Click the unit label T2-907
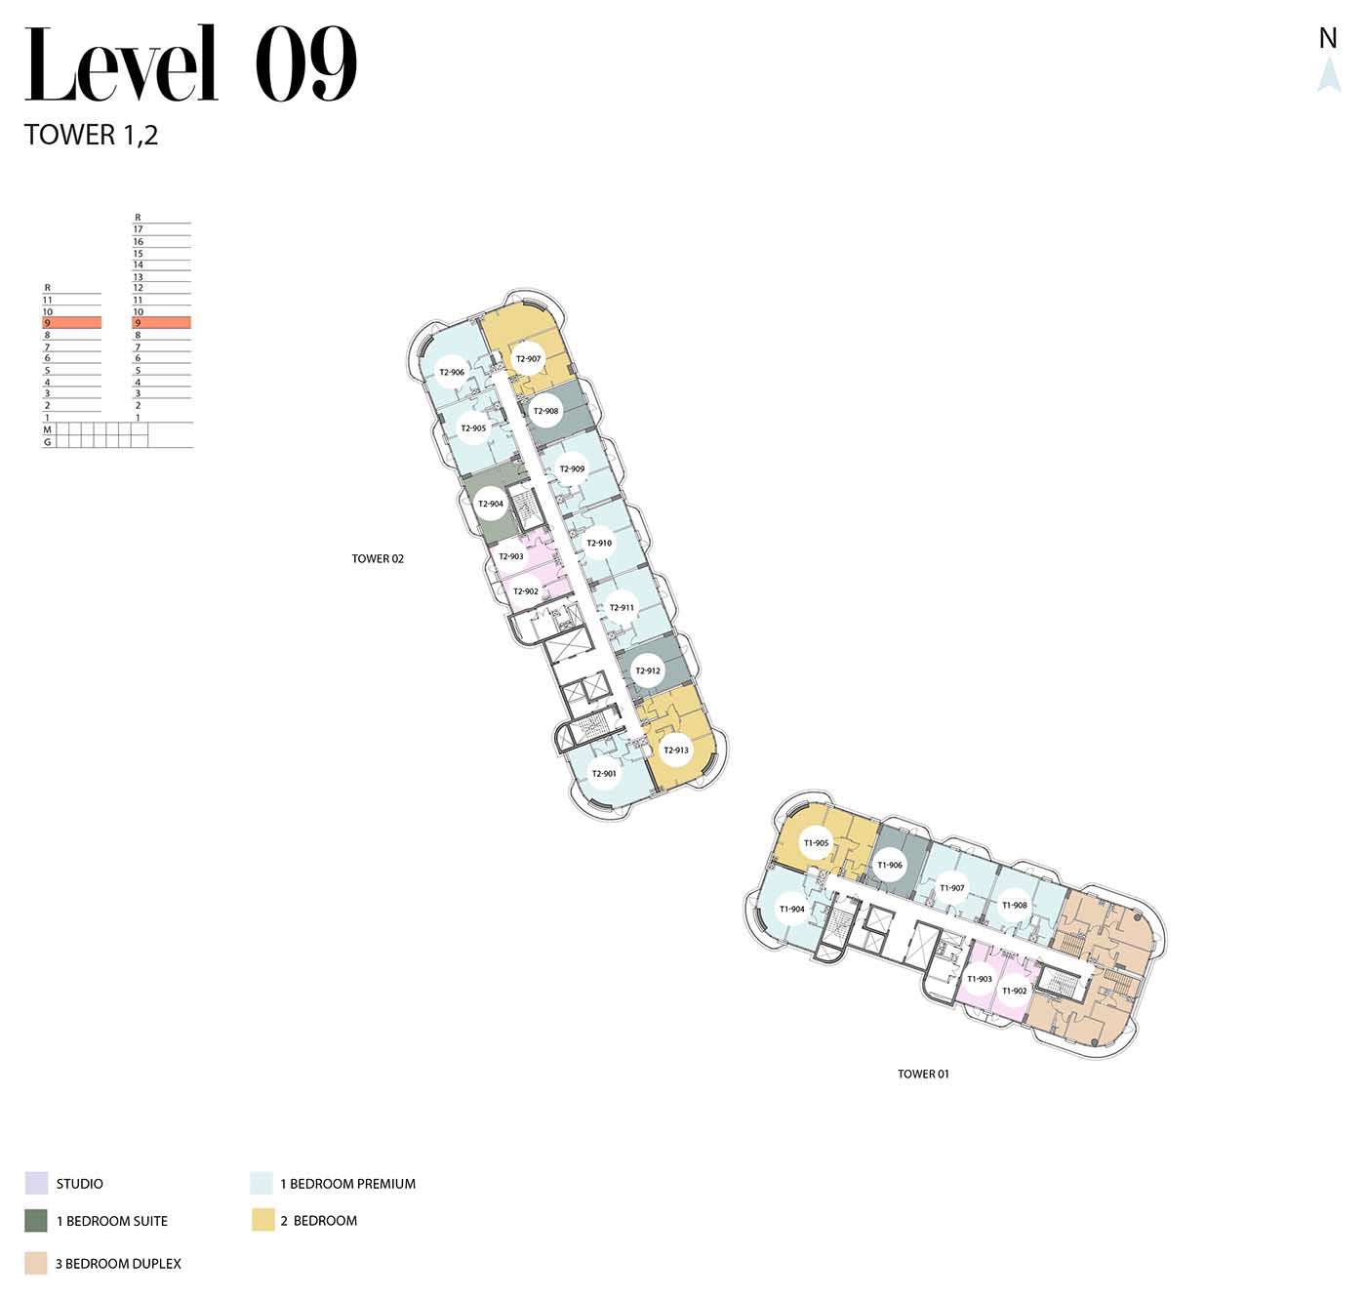point(528,359)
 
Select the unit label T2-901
point(604,774)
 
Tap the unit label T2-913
point(676,750)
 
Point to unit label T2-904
point(491,504)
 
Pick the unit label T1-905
point(816,843)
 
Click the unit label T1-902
point(1015,992)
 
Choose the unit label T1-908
point(1015,905)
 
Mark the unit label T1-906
point(890,866)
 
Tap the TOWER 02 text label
point(378,559)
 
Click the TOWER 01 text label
point(923,1074)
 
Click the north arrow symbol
point(1329,74)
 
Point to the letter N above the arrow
point(1328,38)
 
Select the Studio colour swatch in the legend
point(36,1183)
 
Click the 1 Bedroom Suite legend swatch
point(36,1221)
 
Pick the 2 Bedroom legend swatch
point(263,1220)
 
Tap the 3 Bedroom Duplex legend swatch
point(36,1263)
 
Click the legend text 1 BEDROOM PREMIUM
point(348,1184)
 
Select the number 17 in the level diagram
point(138,229)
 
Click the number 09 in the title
point(305,64)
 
